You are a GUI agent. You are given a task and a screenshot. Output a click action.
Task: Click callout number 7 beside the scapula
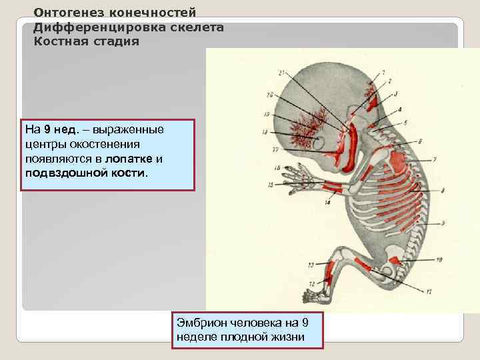(435, 159)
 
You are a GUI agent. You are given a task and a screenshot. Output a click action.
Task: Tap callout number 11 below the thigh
(429, 291)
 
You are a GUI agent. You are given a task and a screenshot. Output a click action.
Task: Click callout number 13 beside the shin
(311, 266)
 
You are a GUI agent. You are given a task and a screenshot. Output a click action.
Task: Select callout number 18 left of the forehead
(265, 133)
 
